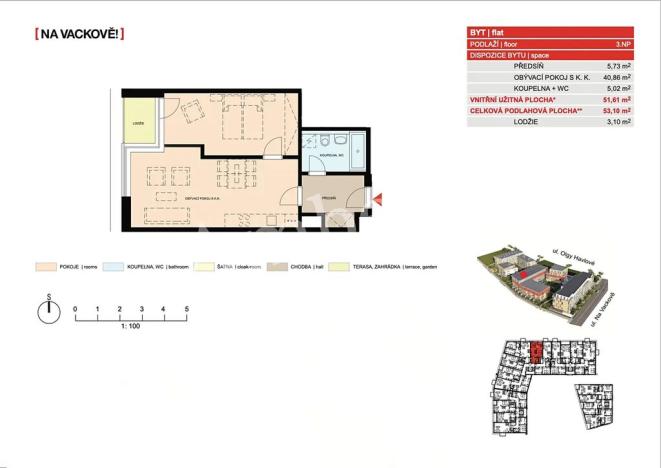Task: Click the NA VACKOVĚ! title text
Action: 80,34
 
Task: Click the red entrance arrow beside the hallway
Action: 377,203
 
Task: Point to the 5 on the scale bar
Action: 187,309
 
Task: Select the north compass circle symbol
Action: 48,313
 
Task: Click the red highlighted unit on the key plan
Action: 536,353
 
